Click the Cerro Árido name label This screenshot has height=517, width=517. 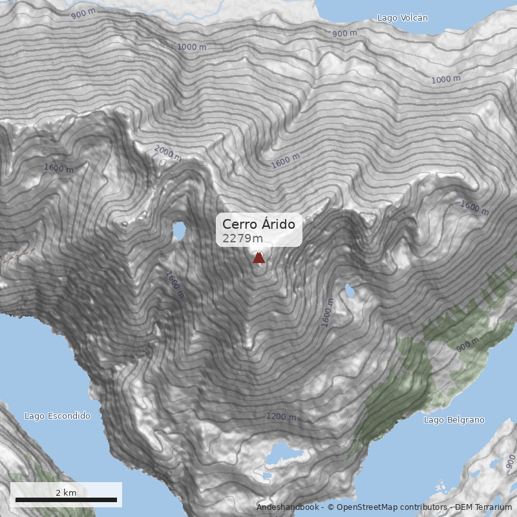coord(258,224)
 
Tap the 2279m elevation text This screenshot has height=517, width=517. coord(242,238)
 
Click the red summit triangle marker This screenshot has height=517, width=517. coord(258,258)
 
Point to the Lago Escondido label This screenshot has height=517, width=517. coord(58,416)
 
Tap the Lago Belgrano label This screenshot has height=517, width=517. coord(454,420)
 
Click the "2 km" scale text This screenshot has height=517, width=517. coord(66,492)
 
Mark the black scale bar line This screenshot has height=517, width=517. coord(66,500)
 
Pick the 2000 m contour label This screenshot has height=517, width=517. coord(167,154)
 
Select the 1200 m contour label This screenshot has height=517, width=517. coord(281,417)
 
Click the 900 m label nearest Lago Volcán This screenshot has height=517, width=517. coord(344,33)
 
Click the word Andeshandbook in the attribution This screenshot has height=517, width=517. coord(288,508)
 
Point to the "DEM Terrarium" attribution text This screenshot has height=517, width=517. coord(483,508)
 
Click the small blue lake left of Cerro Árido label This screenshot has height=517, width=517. coord(178,230)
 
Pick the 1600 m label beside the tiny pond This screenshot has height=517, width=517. coord(328,313)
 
